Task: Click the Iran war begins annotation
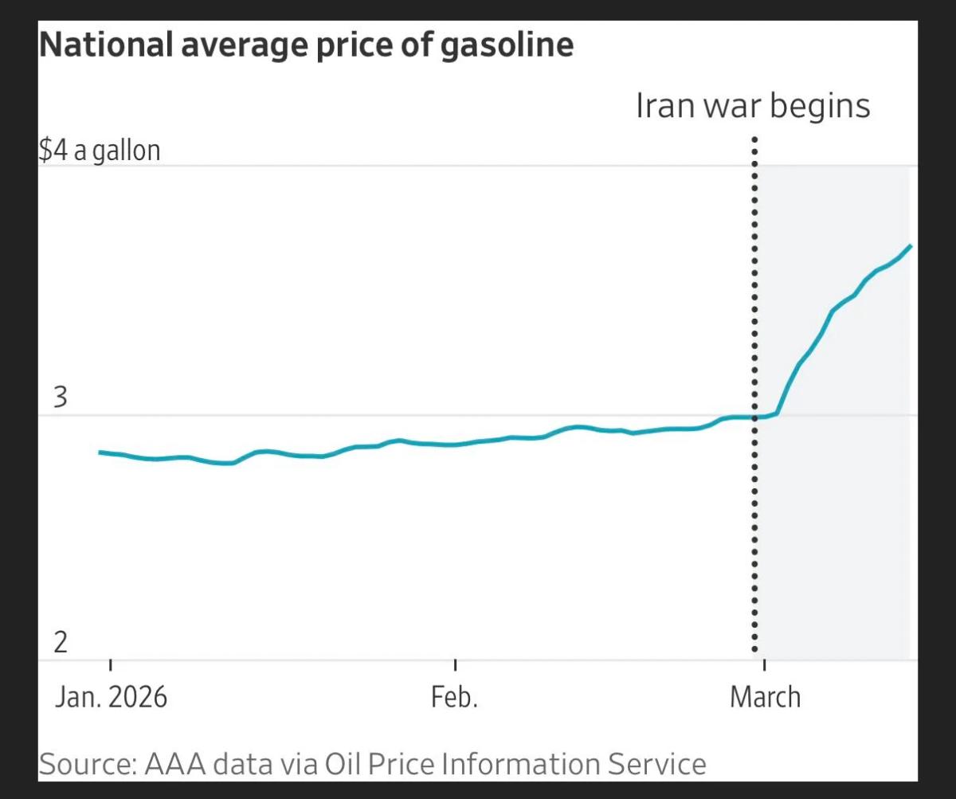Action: coord(753,105)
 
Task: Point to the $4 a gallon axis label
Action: coord(100,151)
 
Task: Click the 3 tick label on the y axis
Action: coord(61,398)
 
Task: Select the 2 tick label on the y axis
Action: coord(61,642)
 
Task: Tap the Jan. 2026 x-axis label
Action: coord(112,697)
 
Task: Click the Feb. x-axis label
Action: coord(454,697)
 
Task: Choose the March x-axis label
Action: coord(765,697)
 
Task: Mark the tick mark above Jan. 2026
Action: coord(110,665)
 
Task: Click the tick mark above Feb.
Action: coord(455,665)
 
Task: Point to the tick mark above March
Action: coord(764,665)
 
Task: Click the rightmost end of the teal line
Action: coord(910,246)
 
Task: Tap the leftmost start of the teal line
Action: coord(100,452)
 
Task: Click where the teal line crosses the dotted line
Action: coord(754,417)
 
